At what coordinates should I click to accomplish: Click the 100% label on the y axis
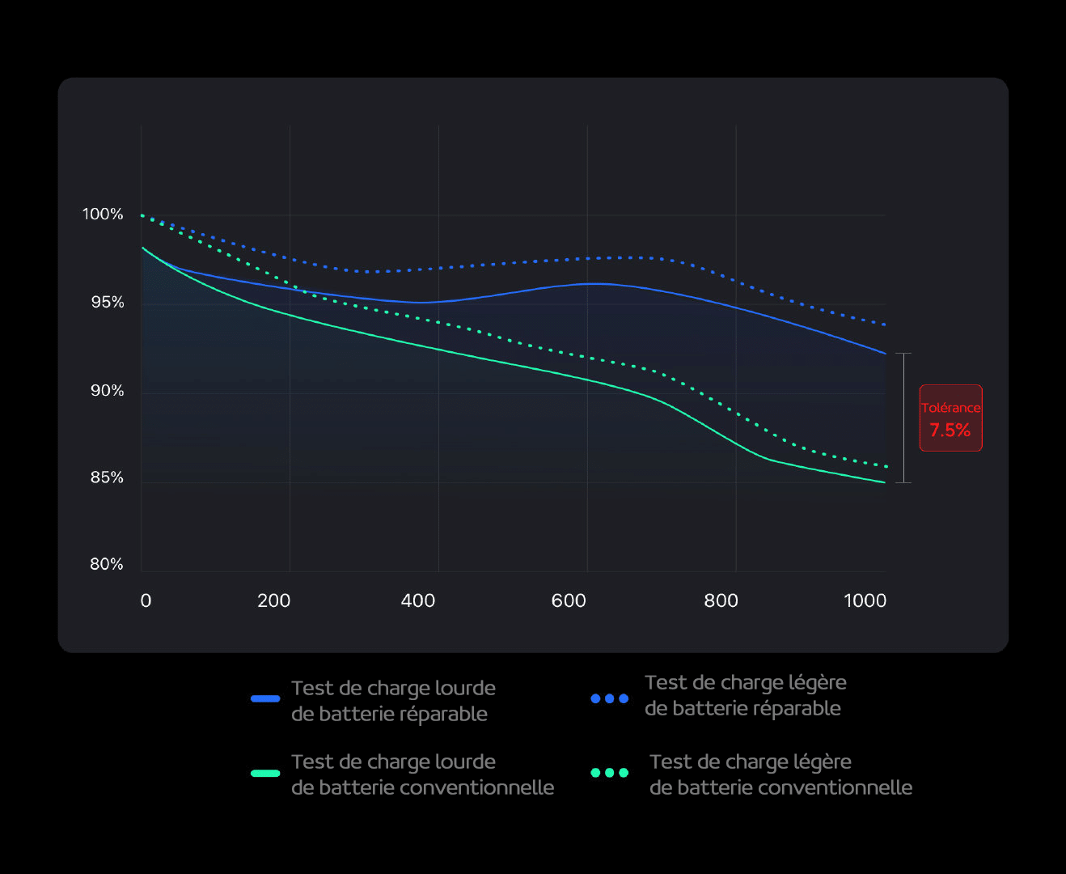tap(103, 214)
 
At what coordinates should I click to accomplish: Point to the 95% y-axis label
tap(108, 303)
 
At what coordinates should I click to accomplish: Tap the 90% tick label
tap(108, 391)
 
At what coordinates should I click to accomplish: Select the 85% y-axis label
tap(108, 477)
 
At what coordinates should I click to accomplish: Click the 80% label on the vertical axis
tap(107, 564)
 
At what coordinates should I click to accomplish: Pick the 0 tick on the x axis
tap(146, 600)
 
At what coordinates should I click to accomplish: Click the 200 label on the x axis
tap(274, 600)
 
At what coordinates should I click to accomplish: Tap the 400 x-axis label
tap(418, 600)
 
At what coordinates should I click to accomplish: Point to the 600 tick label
tap(569, 600)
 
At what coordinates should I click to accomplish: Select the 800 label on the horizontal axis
tap(721, 600)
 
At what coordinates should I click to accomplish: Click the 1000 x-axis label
tap(865, 600)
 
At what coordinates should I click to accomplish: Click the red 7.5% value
tap(950, 431)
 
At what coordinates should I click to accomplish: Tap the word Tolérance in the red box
tap(950, 408)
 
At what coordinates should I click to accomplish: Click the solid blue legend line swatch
tap(265, 698)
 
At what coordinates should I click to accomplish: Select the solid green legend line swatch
tap(265, 773)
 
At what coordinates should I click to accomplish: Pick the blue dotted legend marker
tap(609, 698)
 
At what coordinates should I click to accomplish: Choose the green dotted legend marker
tap(609, 773)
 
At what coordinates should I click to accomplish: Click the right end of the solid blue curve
tap(886, 354)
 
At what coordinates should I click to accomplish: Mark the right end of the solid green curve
tap(886, 482)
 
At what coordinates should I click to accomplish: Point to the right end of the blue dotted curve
tap(886, 325)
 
